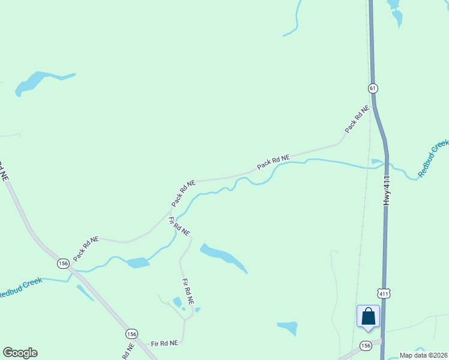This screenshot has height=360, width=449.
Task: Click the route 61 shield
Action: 373,88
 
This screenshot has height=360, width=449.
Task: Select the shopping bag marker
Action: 368,317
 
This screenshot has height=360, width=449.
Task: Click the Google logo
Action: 20,353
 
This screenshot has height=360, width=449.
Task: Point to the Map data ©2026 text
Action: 423,355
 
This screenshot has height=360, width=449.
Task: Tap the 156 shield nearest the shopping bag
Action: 366,346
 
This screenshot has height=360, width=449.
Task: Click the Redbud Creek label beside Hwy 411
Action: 433,158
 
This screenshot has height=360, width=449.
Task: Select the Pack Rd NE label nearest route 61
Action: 357,120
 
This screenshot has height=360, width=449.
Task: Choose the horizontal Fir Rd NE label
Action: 164,343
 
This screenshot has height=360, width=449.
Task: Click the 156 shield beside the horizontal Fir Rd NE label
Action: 132,333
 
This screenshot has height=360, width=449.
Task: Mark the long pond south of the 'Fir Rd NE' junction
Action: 223,256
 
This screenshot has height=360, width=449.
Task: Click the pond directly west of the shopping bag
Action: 288,328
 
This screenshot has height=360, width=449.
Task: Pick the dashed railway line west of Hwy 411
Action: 362,228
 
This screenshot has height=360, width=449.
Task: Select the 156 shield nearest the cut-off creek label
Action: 63,263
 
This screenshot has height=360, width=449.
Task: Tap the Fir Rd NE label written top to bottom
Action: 188,293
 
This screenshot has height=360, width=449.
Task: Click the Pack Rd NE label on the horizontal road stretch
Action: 273,162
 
